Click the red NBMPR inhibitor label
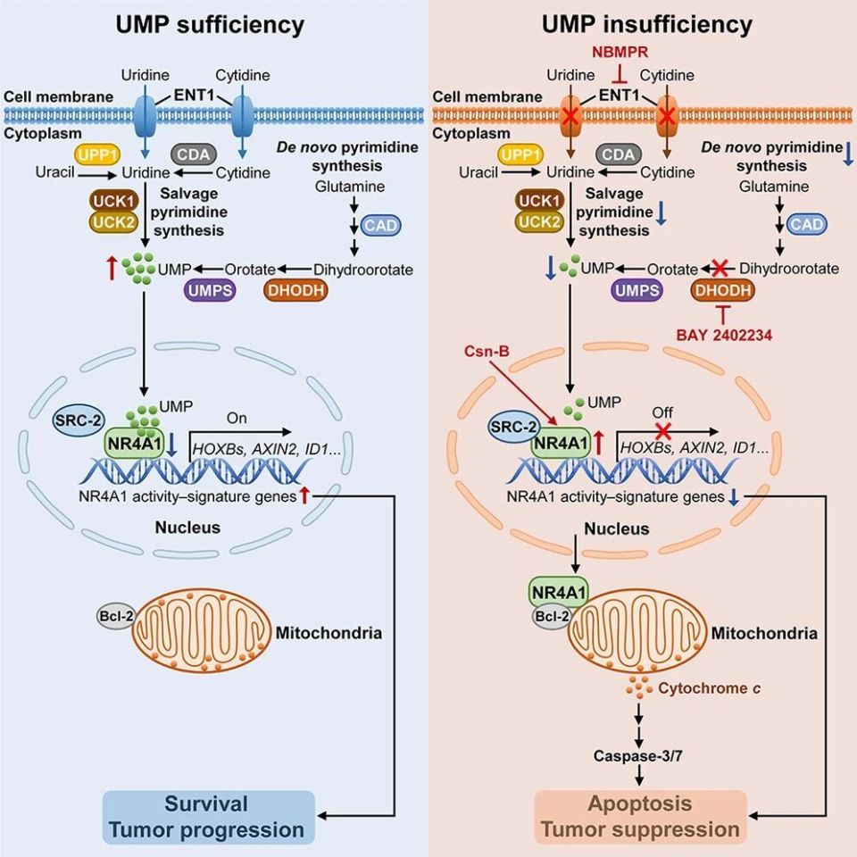point(620,52)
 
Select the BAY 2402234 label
point(724,335)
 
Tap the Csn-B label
point(487,351)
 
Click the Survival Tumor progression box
point(209,817)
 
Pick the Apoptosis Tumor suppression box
point(641,817)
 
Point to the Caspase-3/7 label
point(637,756)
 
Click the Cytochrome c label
point(709,688)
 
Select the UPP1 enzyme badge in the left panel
point(97,155)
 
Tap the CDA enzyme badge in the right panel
point(618,154)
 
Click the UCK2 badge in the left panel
point(113,222)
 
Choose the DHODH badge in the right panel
point(722,290)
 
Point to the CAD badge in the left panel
point(380,225)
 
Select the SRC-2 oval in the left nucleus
point(79,420)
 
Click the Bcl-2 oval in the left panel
point(116,617)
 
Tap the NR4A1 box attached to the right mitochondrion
point(559,593)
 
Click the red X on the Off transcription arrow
point(663,430)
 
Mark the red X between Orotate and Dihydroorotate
point(720,269)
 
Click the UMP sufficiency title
point(210,25)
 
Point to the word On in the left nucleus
point(237,418)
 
